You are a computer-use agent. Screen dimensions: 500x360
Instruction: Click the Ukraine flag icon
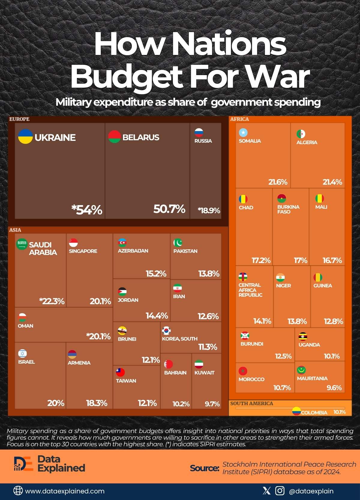click(x=25, y=137)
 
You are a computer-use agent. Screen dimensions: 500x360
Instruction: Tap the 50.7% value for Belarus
click(x=169, y=209)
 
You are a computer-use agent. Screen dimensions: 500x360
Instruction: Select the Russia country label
click(x=203, y=141)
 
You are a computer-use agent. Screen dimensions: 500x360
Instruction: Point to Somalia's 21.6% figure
click(x=277, y=182)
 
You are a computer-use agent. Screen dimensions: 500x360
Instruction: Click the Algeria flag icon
click(x=301, y=134)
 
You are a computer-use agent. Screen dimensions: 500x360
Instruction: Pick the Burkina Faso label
click(x=288, y=209)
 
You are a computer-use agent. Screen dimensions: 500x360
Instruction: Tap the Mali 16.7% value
click(x=332, y=260)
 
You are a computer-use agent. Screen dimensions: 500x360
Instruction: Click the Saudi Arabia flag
click(x=22, y=244)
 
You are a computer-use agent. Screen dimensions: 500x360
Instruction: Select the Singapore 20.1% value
click(x=100, y=301)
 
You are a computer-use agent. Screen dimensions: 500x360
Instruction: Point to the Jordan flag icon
click(x=122, y=292)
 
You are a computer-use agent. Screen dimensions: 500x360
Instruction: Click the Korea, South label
click(x=180, y=339)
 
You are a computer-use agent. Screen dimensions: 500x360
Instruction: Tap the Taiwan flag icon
click(x=120, y=372)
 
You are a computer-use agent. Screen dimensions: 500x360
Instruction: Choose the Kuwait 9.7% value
click(x=212, y=404)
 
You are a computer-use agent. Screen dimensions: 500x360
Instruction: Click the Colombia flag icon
click(x=296, y=411)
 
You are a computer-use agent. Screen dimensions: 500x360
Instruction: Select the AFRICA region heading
click(x=239, y=119)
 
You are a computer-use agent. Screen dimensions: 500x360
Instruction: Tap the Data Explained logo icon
click(x=23, y=464)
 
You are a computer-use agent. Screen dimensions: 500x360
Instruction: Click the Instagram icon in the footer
click(x=280, y=491)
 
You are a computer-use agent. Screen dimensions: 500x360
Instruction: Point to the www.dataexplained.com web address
click(x=65, y=491)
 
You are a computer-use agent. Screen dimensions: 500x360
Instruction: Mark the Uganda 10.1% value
click(x=331, y=356)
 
